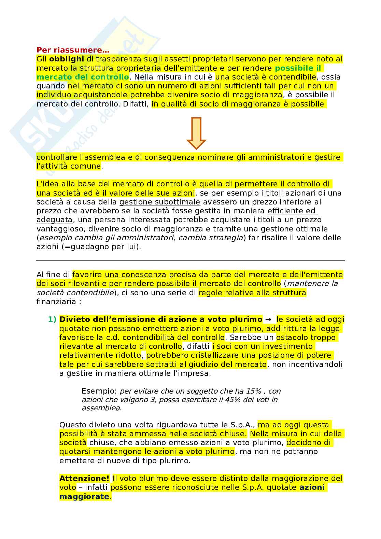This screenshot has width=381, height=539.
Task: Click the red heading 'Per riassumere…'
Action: (x=73, y=50)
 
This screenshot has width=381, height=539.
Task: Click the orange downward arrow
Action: (x=196, y=133)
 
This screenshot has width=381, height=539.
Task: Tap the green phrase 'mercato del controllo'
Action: (x=83, y=77)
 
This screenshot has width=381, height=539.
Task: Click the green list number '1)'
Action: (x=52, y=320)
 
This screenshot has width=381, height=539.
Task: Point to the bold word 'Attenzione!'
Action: (x=84, y=479)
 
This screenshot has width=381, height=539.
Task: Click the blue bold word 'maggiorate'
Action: (x=84, y=496)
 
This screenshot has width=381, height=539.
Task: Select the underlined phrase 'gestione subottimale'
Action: (x=159, y=202)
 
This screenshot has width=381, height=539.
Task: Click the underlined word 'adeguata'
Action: (x=54, y=220)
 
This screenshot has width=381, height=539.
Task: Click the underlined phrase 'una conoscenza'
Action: (x=135, y=275)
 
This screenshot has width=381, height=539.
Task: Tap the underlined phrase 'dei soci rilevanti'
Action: (x=68, y=284)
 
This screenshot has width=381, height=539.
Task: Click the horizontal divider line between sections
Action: (x=190, y=261)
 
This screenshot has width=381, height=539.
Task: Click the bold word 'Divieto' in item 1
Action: (x=73, y=320)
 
